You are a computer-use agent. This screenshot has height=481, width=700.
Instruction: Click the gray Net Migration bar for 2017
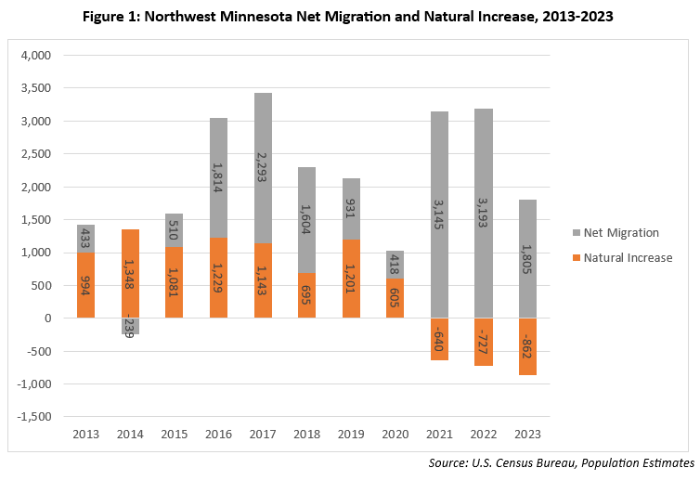(263, 168)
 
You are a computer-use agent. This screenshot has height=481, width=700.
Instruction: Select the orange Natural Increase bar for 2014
(130, 273)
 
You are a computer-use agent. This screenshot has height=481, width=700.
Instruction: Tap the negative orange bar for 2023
(527, 346)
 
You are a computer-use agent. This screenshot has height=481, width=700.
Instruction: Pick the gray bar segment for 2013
(85, 239)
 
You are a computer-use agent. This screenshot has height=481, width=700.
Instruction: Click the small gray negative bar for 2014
(130, 326)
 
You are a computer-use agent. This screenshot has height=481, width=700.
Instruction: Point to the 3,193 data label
(483, 213)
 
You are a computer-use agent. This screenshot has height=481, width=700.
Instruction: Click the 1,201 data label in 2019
(350, 279)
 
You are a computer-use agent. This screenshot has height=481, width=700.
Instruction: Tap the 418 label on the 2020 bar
(395, 264)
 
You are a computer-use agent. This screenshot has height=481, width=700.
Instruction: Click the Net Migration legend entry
(616, 233)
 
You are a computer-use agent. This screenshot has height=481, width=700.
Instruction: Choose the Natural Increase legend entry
(622, 258)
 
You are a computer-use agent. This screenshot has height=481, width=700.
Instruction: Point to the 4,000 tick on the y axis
(36, 56)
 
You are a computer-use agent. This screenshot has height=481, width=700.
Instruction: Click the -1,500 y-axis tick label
(34, 417)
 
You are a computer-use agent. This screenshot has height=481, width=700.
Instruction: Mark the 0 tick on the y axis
(47, 318)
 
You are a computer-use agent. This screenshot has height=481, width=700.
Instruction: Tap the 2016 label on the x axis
(218, 434)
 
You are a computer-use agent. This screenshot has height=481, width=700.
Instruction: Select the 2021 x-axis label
(439, 434)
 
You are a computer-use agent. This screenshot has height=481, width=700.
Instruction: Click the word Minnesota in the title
(256, 17)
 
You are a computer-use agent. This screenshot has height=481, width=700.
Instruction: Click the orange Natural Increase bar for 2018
(306, 295)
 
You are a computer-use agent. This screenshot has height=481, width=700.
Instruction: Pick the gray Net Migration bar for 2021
(440, 214)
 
